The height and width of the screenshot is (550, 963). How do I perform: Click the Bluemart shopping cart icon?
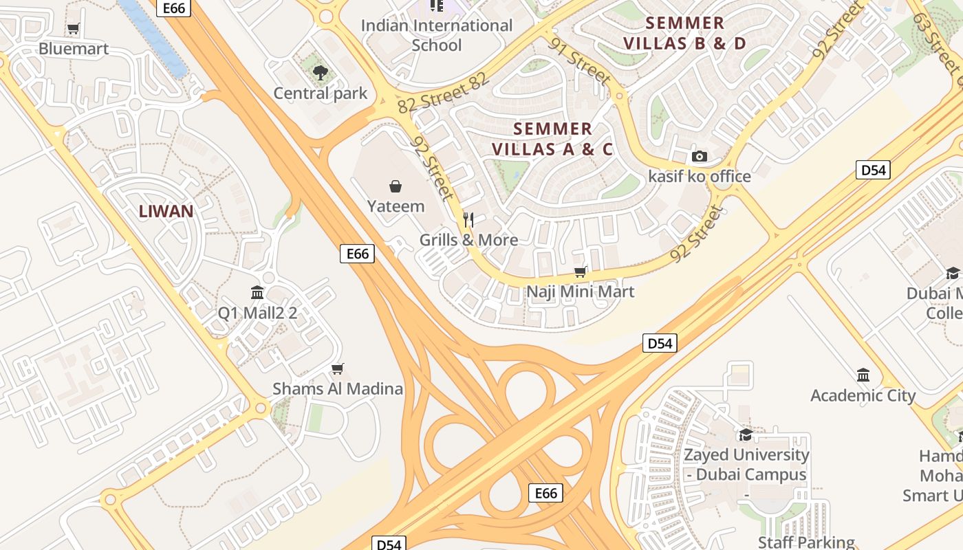(73, 29)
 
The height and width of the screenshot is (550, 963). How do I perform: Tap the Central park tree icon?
(320, 72)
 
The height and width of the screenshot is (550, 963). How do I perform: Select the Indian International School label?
(437, 36)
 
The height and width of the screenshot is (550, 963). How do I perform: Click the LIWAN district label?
(166, 211)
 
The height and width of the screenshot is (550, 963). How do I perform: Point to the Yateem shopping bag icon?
(396, 186)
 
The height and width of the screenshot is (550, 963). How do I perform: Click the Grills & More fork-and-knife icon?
(468, 220)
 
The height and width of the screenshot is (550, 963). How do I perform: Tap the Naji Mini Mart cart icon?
(581, 272)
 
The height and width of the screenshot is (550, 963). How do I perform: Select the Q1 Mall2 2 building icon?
(258, 293)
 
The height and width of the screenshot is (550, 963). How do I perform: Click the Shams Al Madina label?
(338, 388)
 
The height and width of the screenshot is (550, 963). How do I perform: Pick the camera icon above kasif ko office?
(700, 157)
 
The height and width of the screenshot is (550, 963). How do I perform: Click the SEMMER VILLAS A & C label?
(552, 139)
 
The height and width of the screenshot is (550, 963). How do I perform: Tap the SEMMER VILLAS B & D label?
(684, 33)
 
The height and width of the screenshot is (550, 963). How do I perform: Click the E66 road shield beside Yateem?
(358, 254)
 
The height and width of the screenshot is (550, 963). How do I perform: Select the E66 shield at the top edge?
(174, 8)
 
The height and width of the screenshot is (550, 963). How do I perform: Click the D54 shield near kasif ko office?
(873, 170)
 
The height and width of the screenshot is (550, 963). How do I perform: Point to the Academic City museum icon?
(863, 375)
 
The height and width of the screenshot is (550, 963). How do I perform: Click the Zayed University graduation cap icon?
(746, 434)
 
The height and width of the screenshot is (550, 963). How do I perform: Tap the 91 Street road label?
(580, 61)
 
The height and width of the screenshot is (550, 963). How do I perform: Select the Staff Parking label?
(806, 542)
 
